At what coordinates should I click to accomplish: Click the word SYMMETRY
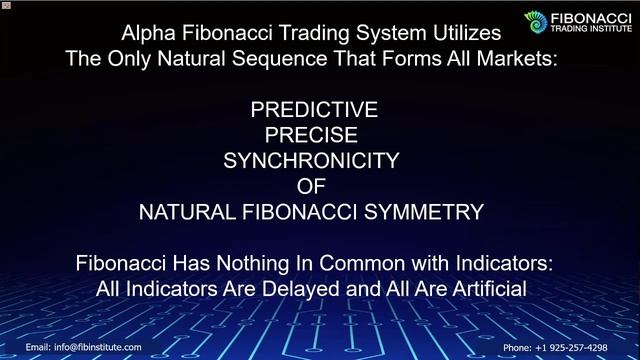pos(432,211)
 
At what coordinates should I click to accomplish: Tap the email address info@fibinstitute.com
pos(97,347)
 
